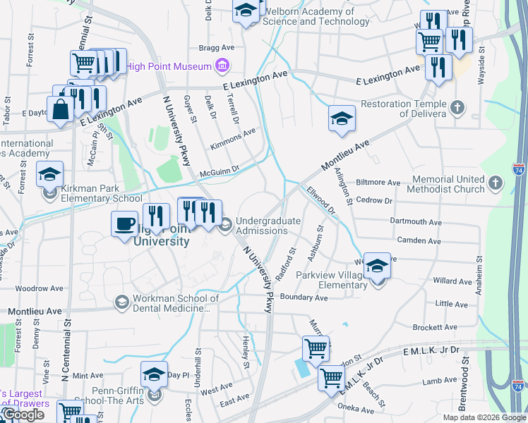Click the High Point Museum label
pos(169,66)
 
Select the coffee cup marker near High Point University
pos(125,225)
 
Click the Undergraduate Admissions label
pos(268,226)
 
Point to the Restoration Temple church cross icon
pos(458,108)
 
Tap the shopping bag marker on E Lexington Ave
pos(61,109)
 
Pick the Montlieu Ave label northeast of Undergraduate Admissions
pos(346,154)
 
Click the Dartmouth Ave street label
pos(416,221)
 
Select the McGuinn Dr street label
pos(220,169)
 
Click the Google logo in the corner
pos(23,415)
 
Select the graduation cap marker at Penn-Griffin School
pos(154,375)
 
